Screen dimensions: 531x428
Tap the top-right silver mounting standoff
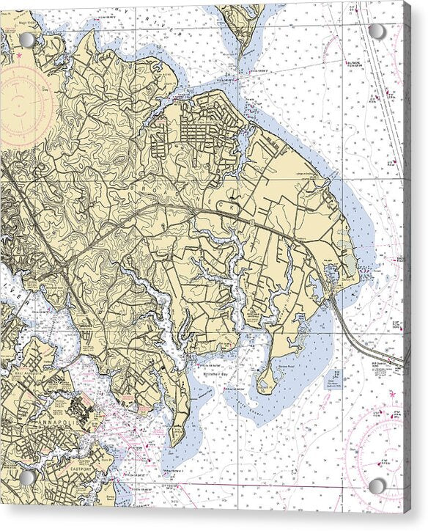377,32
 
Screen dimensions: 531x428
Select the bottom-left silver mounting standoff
27,477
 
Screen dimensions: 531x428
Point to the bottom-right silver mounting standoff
377,486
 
